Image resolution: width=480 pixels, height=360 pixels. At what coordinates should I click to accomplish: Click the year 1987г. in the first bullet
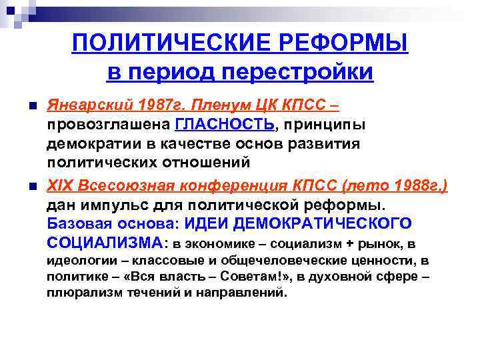[155, 105]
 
